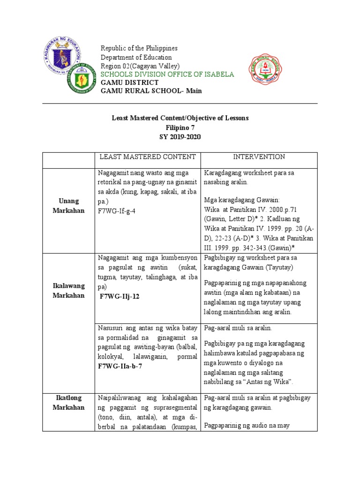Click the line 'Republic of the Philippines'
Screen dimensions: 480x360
pos(139,49)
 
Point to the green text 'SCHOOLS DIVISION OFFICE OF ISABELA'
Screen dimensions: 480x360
pos(167,75)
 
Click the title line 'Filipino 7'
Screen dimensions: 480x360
pos(180,127)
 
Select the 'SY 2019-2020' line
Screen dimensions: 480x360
pos(180,137)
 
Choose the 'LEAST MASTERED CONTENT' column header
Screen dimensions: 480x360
pos(147,157)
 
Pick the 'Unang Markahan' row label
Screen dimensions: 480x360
pos(68,206)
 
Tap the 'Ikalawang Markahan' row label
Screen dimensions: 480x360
pos(68,291)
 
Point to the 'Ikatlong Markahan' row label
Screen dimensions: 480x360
pos(68,403)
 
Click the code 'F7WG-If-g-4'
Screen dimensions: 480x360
pos(117,211)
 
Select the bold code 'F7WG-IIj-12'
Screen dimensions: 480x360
pos(120,296)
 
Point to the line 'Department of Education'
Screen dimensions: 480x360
pos(136,57)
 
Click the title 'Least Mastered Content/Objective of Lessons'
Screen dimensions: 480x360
pos(180,118)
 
